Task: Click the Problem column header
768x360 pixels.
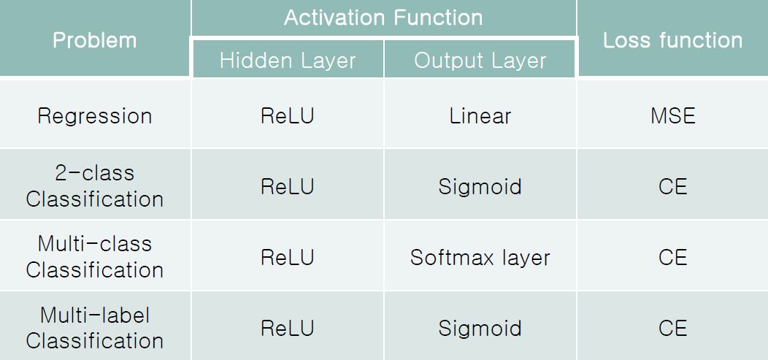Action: pos(95,39)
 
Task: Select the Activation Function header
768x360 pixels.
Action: pos(383,18)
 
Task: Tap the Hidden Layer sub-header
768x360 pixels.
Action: pos(288,61)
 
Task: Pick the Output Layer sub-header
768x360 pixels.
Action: pos(480,61)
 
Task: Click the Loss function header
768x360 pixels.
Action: pos(672,39)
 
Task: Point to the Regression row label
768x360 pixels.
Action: pos(95,116)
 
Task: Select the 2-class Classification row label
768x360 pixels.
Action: pos(95,186)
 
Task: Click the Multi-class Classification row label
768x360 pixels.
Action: pos(95,256)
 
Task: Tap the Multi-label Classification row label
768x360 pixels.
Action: pos(95,328)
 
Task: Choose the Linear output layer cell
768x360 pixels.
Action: pos(480,116)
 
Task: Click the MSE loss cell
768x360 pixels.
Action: pos(672,116)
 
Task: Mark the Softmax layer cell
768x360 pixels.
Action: pos(480,258)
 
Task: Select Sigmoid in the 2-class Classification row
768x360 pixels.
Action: pos(480,187)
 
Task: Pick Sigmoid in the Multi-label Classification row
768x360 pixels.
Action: pos(480,329)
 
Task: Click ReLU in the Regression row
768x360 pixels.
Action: pos(288,116)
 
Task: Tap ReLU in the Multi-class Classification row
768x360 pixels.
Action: pos(288,258)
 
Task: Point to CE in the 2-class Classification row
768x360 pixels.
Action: pos(672,187)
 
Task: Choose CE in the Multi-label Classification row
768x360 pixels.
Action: pos(672,329)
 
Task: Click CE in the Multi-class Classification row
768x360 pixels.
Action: pos(672,258)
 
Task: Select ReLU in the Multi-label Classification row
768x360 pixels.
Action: pos(288,329)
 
